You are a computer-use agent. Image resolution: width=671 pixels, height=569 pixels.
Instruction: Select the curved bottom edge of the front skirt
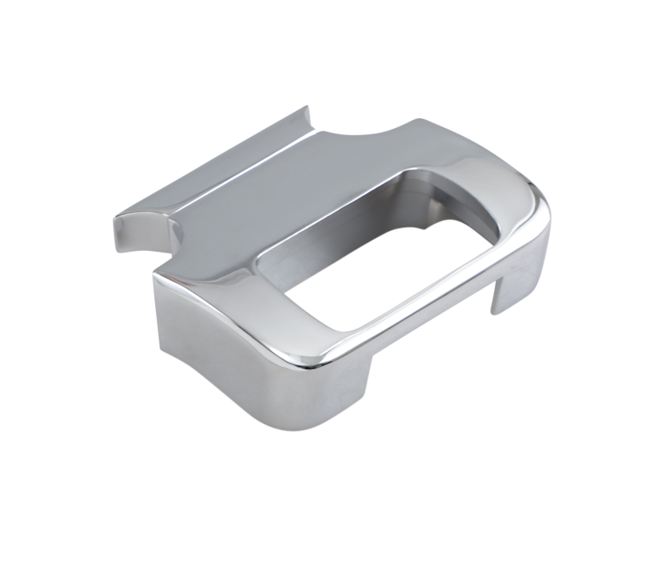coord(232,394)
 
